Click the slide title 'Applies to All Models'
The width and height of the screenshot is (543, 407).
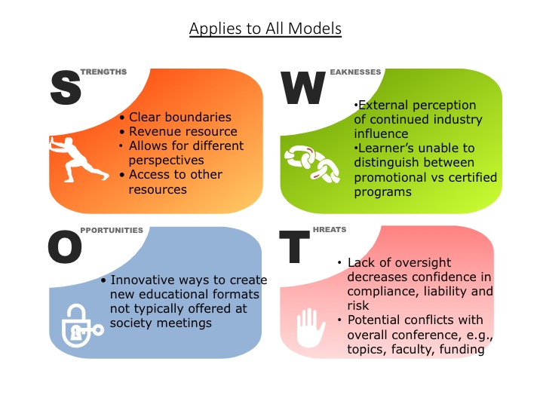point(265,29)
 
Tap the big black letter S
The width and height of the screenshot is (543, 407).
point(66,87)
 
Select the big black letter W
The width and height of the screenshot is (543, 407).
point(302,87)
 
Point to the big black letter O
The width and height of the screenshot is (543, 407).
point(65,246)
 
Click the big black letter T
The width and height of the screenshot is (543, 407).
point(294,246)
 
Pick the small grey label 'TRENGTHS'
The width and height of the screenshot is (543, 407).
point(103,72)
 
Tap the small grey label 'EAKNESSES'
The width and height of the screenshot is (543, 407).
point(355,72)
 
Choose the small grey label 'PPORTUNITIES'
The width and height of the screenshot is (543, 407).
point(112,230)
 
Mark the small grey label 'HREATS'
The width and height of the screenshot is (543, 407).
point(330,229)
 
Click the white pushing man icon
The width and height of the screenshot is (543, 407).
point(78,159)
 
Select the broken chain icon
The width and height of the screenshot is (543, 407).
point(312,164)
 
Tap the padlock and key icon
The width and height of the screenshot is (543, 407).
point(81,326)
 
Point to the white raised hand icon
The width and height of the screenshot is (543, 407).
point(311,328)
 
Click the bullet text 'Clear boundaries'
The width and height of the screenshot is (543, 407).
point(180,117)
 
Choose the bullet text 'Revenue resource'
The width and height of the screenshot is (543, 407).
point(183,131)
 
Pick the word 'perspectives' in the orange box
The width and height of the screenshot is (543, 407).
point(166,161)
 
